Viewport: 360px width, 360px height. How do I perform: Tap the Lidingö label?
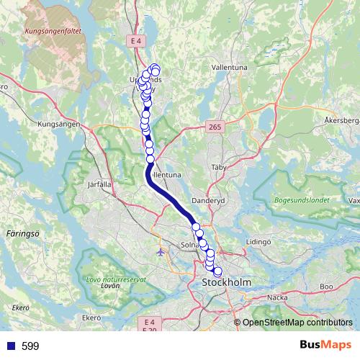click(x=258, y=243)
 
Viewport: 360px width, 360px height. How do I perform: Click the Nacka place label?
click(x=277, y=296)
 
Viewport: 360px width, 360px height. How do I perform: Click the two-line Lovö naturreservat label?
click(x=115, y=282)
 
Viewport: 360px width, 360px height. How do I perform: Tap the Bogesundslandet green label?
click(x=302, y=199)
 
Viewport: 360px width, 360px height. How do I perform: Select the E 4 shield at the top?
click(x=137, y=42)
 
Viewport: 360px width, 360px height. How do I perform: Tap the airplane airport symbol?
click(x=159, y=253)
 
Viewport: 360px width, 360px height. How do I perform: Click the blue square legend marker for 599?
click(x=10, y=346)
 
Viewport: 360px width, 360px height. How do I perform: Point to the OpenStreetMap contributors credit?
click(x=297, y=323)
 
